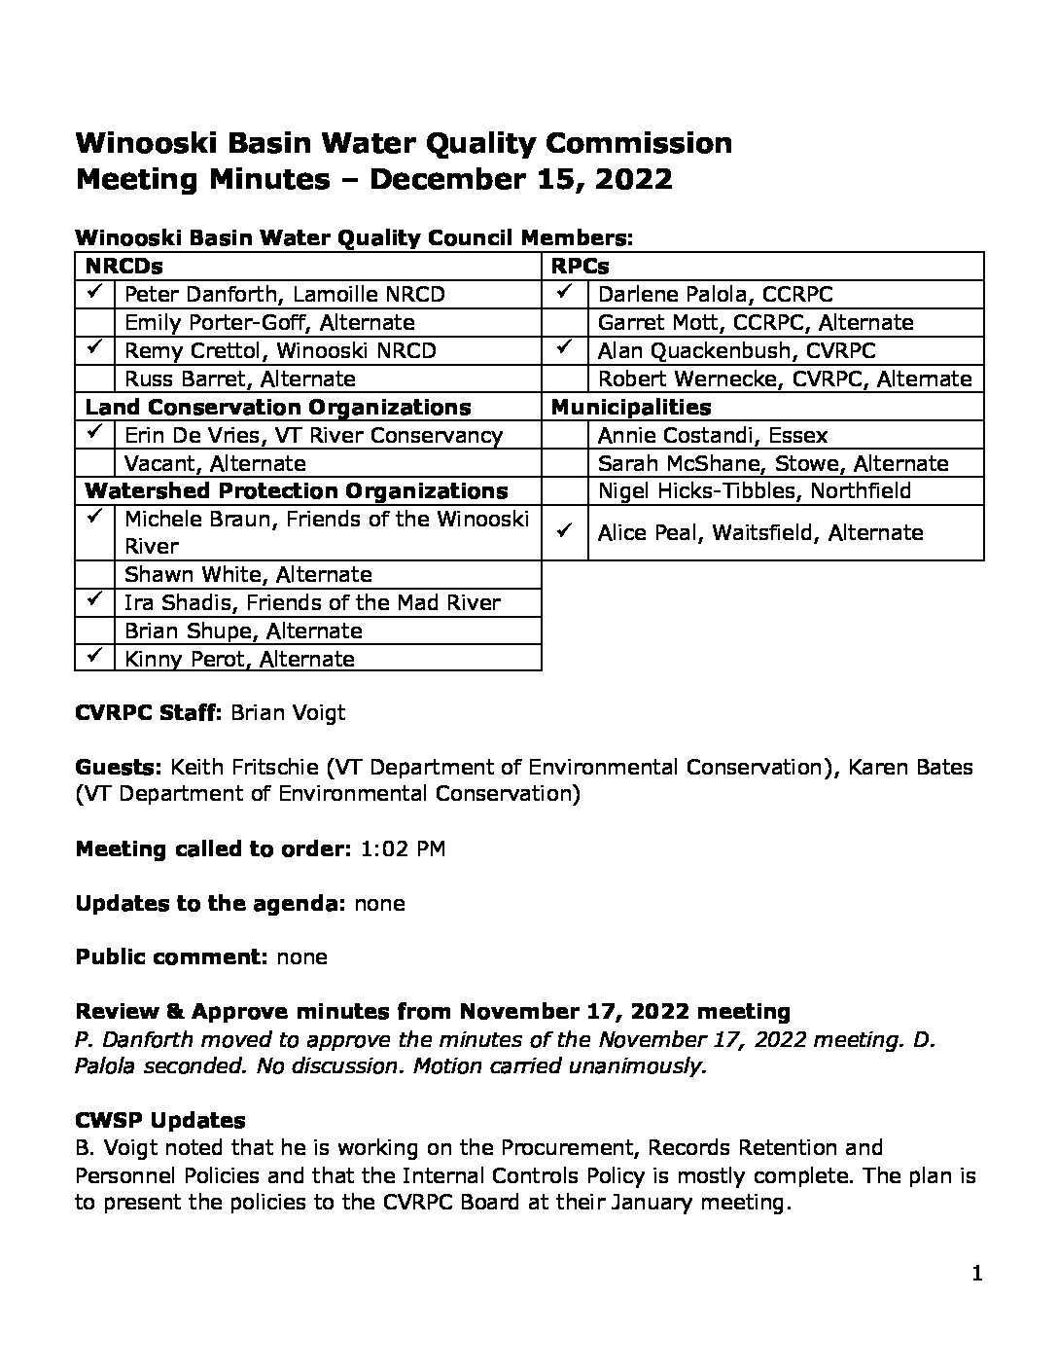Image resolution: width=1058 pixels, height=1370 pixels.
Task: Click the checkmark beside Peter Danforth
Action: coord(94,292)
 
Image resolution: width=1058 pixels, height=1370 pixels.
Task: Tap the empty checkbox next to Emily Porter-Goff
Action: coord(95,322)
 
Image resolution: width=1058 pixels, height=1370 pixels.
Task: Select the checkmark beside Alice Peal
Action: coord(564,531)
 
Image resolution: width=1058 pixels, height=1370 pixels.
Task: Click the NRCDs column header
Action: coord(123,266)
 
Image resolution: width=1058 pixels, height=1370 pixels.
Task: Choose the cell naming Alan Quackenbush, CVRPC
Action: coord(736,350)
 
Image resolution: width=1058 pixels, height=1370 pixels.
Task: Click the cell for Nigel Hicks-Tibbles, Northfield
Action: coord(754,490)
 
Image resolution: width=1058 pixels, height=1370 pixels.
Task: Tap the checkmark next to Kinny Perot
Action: coord(94,657)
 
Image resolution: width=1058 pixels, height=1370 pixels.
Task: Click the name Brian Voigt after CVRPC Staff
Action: coord(287,712)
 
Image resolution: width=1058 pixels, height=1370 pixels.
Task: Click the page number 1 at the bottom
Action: coord(977,1274)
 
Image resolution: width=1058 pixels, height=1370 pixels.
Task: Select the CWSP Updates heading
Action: coord(160,1120)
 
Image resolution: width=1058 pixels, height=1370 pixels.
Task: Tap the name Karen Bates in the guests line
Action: coord(910,767)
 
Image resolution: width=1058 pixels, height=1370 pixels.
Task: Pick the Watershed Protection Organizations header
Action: coord(297,490)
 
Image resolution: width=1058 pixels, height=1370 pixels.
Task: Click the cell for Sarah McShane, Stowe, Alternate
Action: coord(772,463)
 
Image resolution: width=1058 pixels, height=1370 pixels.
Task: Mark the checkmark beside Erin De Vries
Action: coord(94,433)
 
